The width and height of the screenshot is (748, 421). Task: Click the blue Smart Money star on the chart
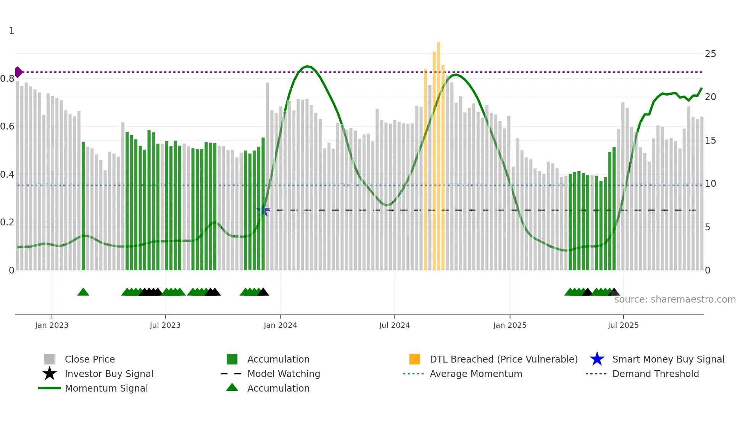coord(263,210)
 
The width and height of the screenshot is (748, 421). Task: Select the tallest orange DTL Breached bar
coord(438,153)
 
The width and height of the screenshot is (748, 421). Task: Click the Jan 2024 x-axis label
coord(280,325)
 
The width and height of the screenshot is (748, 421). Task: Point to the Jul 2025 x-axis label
coord(623,325)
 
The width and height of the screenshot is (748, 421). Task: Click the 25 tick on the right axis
coord(710,54)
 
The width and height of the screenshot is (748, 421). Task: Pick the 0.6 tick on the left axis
coord(8,126)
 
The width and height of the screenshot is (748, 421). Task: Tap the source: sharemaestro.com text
coord(675,299)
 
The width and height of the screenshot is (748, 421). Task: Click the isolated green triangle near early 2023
coord(83,292)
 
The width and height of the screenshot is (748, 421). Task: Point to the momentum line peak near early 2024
coord(308,66)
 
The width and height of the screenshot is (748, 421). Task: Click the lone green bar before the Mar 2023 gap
coord(83,206)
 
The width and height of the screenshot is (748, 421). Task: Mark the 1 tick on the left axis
coord(11,31)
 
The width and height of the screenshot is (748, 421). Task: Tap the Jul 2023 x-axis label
coord(165,325)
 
